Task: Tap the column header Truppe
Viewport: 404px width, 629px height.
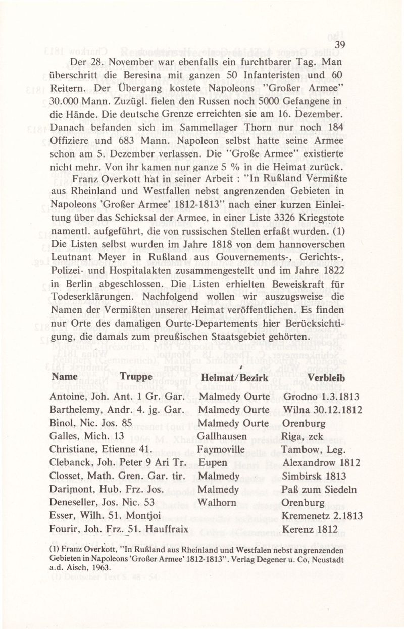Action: [136, 377]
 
